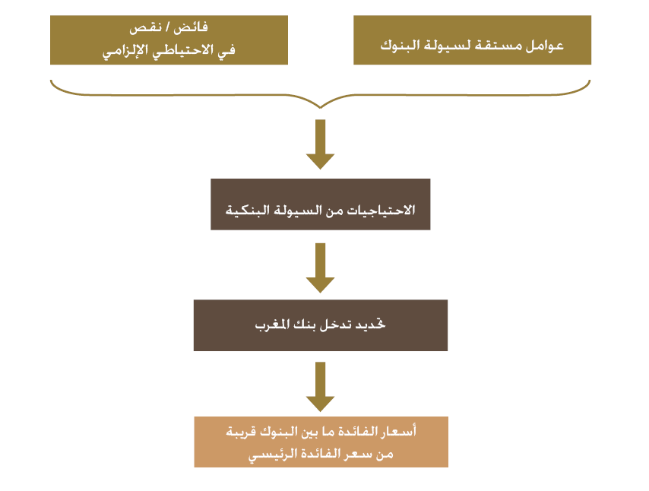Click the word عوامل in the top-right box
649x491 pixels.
point(545,45)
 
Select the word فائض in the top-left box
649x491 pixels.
point(191,27)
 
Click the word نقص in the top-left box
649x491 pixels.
point(145,27)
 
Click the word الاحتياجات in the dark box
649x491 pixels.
point(381,210)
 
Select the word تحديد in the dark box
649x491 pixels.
point(371,324)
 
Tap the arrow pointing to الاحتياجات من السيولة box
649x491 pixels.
point(321,144)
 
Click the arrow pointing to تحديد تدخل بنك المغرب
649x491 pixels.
point(321,268)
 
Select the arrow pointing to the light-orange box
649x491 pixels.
point(321,387)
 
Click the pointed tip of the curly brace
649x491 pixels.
point(321,108)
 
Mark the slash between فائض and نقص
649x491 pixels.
point(168,27)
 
